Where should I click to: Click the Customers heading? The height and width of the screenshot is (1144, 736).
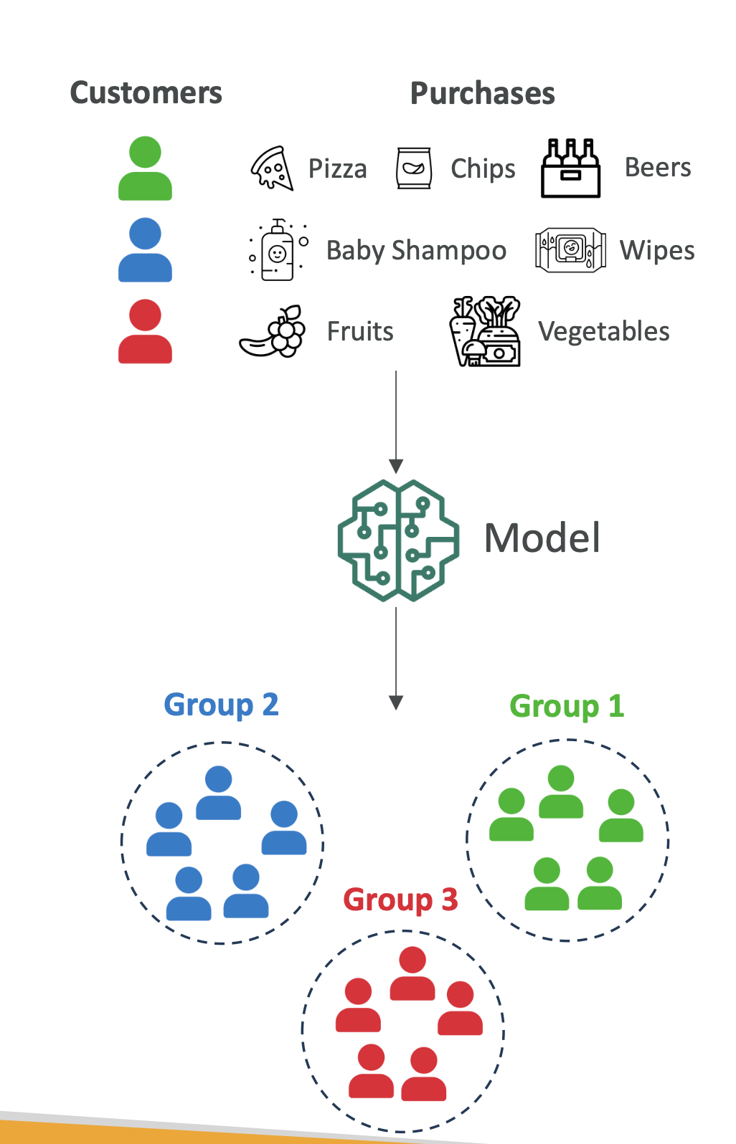point(146,93)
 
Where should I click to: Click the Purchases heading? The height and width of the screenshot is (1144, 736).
point(482,94)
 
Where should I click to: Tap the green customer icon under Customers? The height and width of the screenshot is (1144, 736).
point(145,168)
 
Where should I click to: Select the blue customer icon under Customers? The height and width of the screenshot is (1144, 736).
point(145,250)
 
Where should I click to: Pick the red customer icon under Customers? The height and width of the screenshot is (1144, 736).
point(145,331)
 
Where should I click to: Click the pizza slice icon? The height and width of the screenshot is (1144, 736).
point(273,168)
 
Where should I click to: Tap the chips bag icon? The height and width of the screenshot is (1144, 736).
point(414,168)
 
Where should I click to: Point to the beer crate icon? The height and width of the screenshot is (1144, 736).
point(570,168)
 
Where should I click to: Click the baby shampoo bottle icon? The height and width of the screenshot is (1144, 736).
point(278,250)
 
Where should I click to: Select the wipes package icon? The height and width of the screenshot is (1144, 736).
point(570,250)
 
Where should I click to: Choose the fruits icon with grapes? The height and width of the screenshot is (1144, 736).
point(273,332)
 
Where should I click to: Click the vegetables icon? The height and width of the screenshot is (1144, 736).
point(485,331)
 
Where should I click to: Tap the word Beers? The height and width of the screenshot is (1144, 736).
point(658,168)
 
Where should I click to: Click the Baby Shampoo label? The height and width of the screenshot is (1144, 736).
point(416,251)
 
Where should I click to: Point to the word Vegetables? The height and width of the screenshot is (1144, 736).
point(604,332)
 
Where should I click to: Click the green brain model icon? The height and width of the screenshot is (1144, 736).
point(398,540)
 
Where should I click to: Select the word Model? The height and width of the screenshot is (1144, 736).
point(542,538)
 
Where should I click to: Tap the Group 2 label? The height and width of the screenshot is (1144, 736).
point(221,705)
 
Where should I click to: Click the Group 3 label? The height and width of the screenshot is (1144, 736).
point(400,900)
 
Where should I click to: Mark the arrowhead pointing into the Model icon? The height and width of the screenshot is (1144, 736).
point(396,466)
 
